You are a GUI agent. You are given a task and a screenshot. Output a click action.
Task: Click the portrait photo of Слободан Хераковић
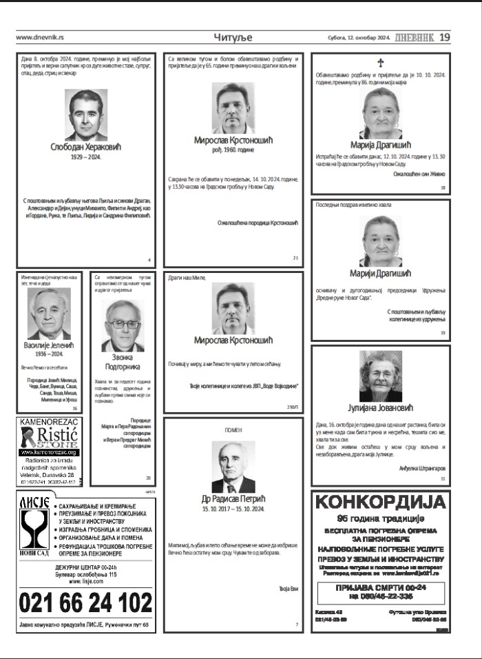pyautogui.click(x=86, y=114)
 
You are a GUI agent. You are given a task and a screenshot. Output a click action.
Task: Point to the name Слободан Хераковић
pyautogui.click(x=86, y=147)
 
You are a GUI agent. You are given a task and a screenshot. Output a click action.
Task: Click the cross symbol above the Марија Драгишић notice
pyautogui.click(x=380, y=63)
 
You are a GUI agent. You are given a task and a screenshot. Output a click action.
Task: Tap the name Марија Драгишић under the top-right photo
pyautogui.click(x=380, y=144)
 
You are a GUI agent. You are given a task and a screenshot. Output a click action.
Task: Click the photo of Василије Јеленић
pyautogui.click(x=49, y=313)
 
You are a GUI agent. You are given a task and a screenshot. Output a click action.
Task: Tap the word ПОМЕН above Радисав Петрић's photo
pyautogui.click(x=233, y=430)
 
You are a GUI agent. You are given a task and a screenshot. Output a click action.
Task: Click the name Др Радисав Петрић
pyautogui.click(x=233, y=498)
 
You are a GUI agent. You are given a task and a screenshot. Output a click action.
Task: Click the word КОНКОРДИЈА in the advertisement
pyautogui.click(x=380, y=502)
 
